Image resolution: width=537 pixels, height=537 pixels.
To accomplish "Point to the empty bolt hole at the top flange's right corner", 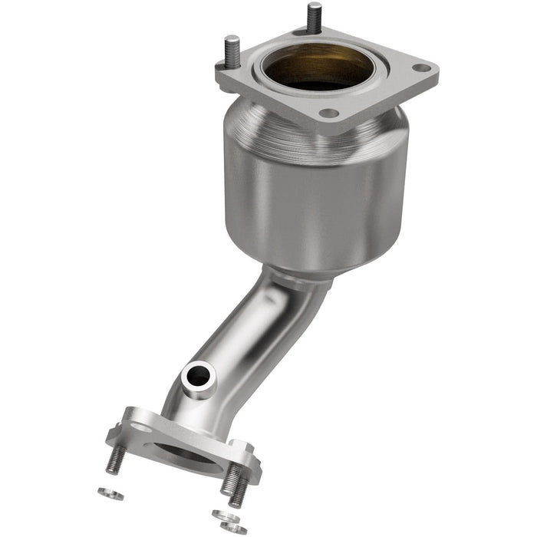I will point(420,68).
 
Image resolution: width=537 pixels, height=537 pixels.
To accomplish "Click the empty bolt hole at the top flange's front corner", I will point(328,113).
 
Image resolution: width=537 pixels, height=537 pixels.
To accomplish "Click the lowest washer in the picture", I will point(234,528).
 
